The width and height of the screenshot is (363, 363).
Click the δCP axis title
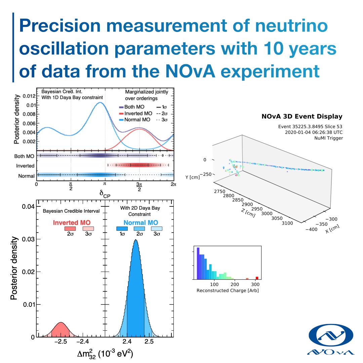[105, 194]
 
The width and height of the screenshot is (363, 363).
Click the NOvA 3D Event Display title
[301, 117]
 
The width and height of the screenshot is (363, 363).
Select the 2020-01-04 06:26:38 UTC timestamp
[314, 132]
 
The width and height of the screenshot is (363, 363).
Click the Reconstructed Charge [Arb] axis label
[227, 290]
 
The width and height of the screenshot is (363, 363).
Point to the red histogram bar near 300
[257, 278]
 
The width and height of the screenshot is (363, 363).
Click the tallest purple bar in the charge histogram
[198, 263]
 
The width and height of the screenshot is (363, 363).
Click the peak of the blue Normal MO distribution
[135, 240]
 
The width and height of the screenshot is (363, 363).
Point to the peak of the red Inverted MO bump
[61, 323]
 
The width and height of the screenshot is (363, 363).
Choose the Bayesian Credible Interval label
[71, 211]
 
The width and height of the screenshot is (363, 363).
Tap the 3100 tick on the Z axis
[288, 223]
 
